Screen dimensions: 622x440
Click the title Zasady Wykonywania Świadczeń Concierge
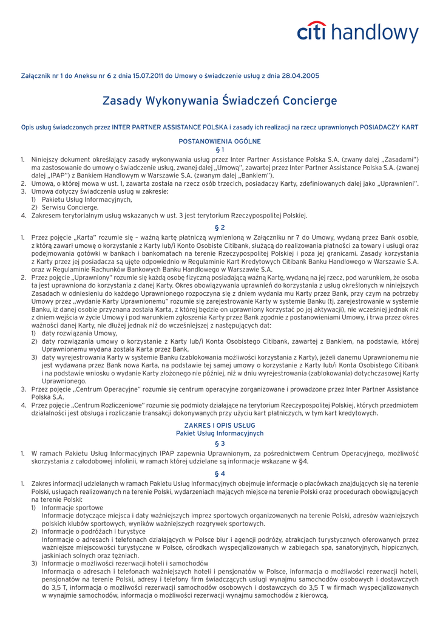point(219,100)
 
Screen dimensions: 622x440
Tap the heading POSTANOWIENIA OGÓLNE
point(220,141)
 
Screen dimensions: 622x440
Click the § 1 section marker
point(220,149)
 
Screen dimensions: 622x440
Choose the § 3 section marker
point(220,443)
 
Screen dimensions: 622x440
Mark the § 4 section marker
point(220,473)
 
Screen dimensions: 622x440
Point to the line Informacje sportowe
point(72,507)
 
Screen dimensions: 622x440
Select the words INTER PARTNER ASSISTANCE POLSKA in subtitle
point(171,128)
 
